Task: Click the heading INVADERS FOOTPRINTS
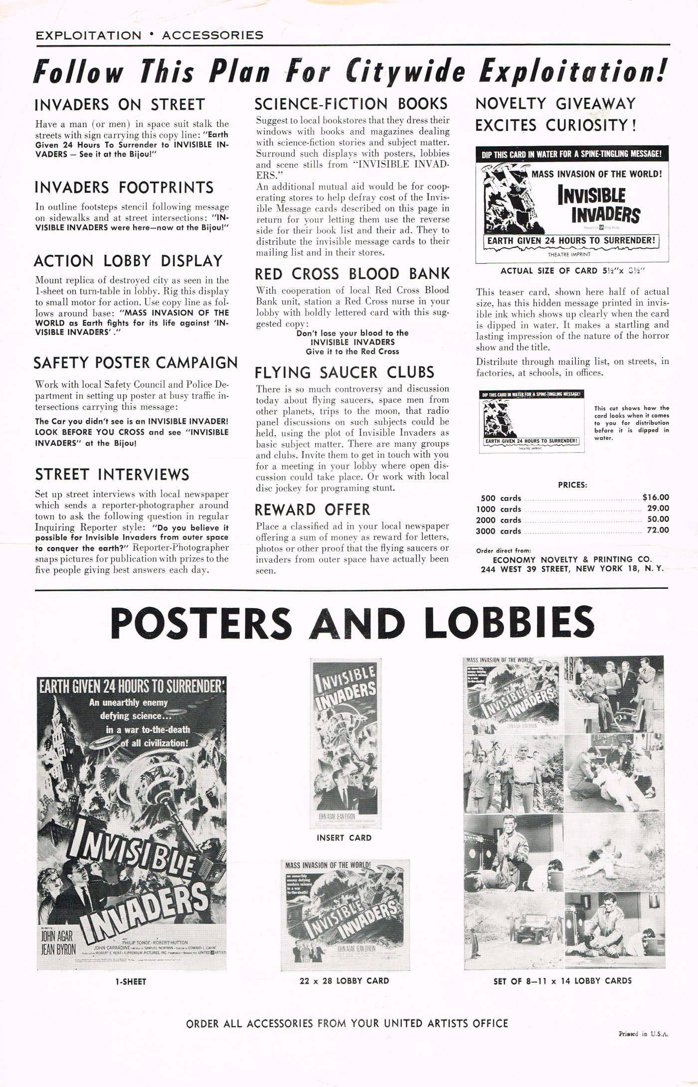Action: coord(124,187)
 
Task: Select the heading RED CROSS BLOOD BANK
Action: coord(352,274)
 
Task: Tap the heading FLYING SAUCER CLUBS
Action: coord(345,372)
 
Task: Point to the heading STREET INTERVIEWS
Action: coord(112,474)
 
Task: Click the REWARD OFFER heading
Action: coord(313,510)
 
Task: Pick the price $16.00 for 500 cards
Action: coord(656,497)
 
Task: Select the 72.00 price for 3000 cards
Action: coord(658,530)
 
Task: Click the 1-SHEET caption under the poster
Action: coord(131,981)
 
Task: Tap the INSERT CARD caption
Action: coord(344,838)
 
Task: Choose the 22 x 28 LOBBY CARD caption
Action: coord(344,980)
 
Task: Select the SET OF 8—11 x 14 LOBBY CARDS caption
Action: coord(562,981)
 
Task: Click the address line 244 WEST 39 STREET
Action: coord(572,569)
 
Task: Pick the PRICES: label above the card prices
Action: coord(572,485)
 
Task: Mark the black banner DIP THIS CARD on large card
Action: coord(571,154)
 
